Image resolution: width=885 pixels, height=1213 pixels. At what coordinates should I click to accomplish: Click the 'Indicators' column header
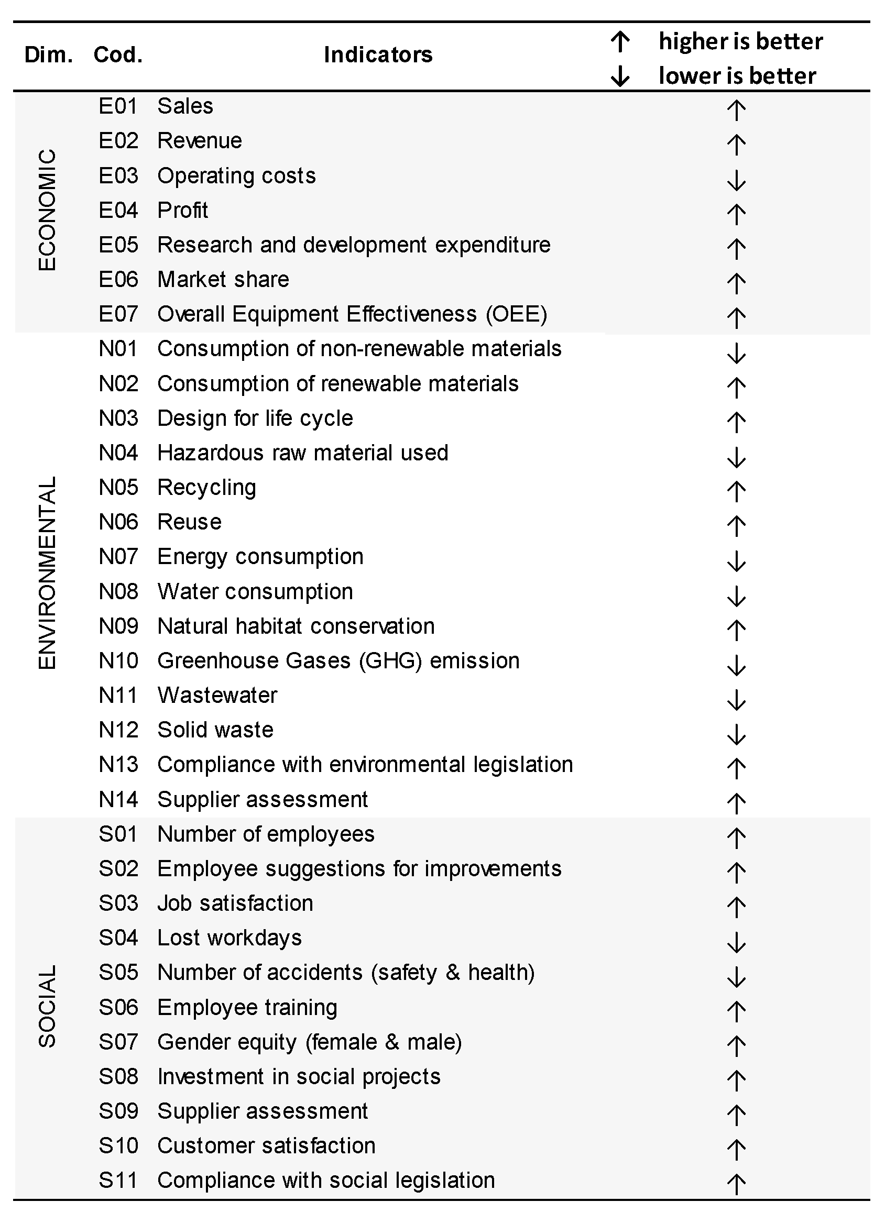(378, 54)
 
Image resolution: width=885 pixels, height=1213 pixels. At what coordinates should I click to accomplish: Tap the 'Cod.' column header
(118, 54)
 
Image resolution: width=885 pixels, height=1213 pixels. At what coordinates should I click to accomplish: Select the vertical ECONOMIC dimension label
(47, 210)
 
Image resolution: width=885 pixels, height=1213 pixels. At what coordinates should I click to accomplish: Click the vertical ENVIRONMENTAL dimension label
(47, 573)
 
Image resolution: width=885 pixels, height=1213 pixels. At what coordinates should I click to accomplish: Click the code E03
(118, 175)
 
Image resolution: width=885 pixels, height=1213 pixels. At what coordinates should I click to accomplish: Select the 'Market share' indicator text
(223, 280)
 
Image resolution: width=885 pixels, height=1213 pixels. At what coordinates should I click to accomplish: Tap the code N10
(118, 661)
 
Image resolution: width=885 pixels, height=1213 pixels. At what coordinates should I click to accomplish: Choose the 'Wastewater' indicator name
(217, 696)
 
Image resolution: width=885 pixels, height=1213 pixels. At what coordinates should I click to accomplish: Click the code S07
(118, 1042)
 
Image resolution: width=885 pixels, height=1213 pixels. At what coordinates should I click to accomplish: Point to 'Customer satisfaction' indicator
(266, 1146)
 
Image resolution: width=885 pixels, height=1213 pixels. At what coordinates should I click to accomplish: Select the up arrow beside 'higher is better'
(620, 42)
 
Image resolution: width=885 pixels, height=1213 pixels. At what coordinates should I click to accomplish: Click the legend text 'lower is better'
(737, 76)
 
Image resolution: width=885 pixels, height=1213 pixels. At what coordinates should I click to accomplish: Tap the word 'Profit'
(183, 211)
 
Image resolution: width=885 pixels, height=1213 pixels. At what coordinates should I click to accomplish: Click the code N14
(118, 800)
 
